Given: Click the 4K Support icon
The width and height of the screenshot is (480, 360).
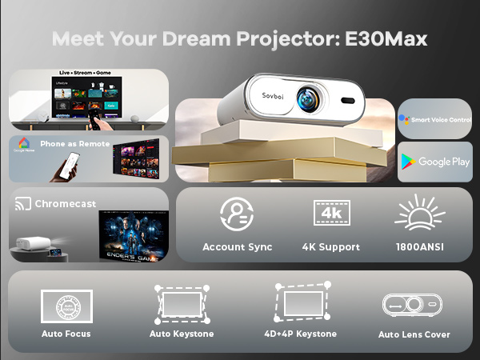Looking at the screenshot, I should pyautogui.click(x=330, y=214).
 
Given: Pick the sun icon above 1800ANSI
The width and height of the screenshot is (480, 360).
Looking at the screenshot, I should pyautogui.click(x=419, y=214).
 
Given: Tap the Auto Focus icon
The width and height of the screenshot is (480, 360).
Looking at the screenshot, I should pyautogui.click(x=66, y=306).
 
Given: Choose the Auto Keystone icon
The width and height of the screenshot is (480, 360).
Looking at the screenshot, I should pyautogui.click(x=182, y=304).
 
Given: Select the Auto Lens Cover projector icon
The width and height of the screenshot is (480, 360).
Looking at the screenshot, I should pyautogui.click(x=414, y=305).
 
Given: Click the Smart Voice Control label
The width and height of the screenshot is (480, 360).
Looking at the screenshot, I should pyautogui.click(x=440, y=118).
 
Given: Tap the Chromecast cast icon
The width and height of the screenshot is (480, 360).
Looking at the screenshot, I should pyautogui.click(x=22, y=204).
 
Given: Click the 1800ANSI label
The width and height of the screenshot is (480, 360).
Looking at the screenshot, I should pyautogui.click(x=419, y=247).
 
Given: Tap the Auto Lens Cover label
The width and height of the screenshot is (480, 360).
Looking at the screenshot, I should pyautogui.click(x=414, y=334).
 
